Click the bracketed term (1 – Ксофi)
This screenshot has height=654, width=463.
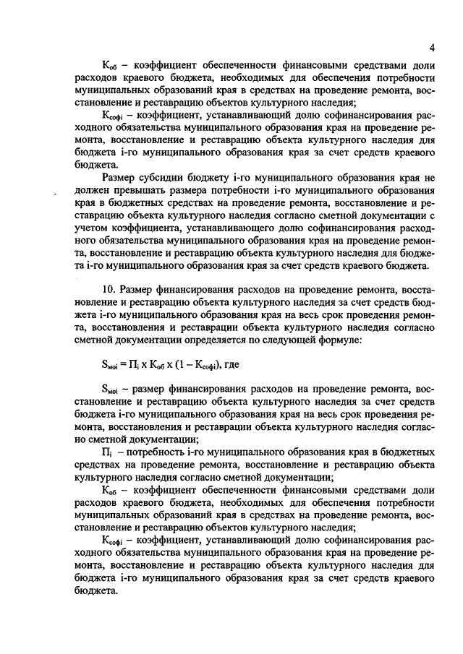point(204,363)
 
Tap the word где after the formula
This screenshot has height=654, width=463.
point(236,363)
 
